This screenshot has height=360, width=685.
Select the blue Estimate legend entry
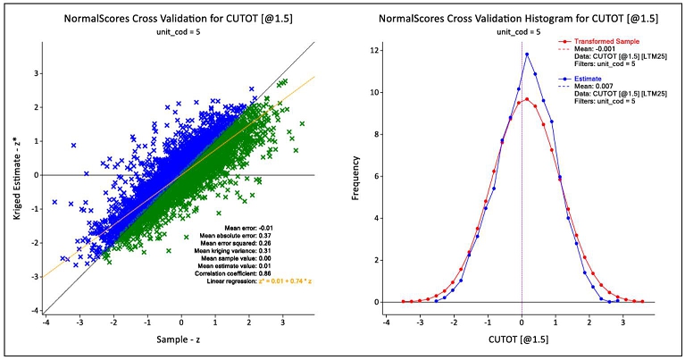click(x=585, y=79)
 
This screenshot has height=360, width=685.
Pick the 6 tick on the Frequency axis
click(x=376, y=176)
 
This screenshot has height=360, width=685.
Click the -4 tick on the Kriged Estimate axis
click(x=36, y=311)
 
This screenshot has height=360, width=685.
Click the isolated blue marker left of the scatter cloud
click(x=73, y=146)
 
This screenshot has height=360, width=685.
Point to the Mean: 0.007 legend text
click(x=590, y=87)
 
